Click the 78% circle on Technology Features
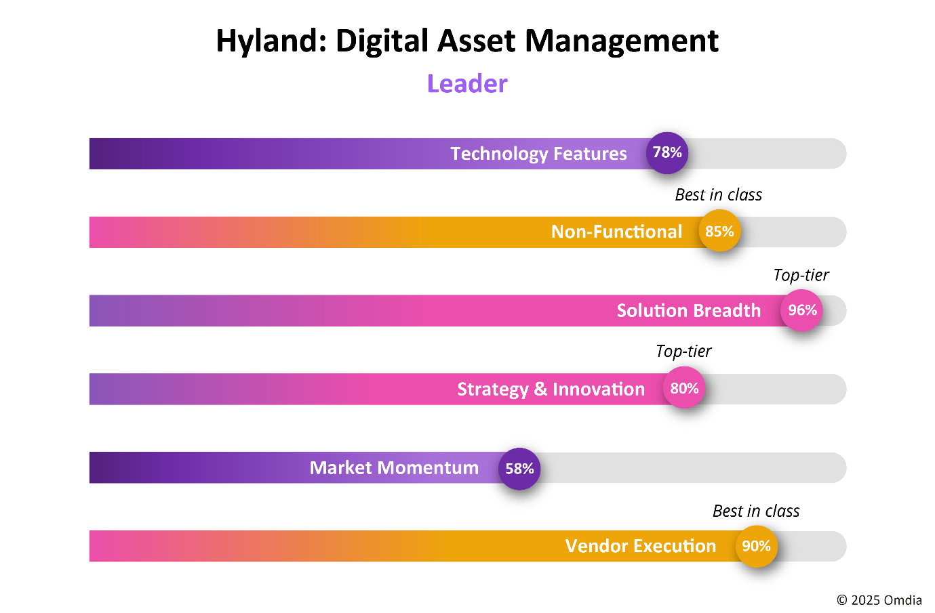[667, 153]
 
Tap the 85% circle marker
[719, 232]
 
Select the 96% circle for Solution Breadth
[802, 310]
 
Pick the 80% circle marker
[684, 389]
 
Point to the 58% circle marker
[519, 469]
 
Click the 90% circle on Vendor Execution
[756, 546]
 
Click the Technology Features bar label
[538, 154]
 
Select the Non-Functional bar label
[616, 232]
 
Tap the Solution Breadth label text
[688, 311]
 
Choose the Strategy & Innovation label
[551, 389]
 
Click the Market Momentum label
[394, 468]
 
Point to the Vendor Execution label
[640, 547]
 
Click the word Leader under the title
[467, 84]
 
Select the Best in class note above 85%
[718, 195]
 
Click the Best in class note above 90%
[755, 511]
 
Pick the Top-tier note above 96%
[801, 275]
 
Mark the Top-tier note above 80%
[683, 352]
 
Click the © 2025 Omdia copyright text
[879, 600]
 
